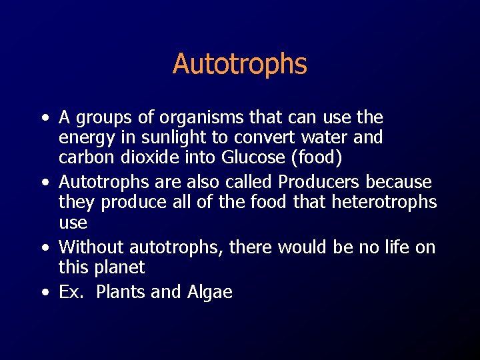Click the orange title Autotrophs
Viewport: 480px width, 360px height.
240,64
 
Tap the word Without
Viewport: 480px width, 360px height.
91,247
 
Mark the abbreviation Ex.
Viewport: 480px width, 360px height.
69,292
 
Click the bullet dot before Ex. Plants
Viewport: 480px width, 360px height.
43,293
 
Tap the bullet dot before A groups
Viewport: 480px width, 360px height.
43,119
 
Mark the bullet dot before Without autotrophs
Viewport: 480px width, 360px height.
43,248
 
